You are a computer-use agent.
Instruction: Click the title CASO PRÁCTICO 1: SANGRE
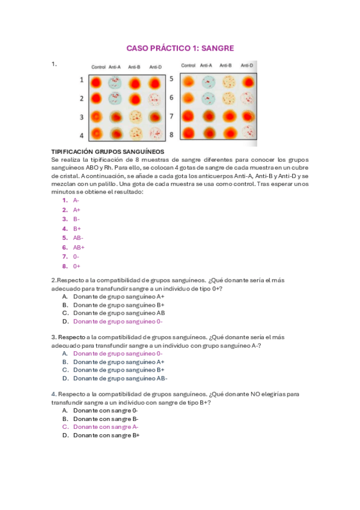180,48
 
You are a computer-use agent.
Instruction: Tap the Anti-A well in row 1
115,82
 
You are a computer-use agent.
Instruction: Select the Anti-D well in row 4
155,134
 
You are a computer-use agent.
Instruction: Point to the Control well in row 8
189,132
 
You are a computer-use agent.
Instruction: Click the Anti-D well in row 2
155,99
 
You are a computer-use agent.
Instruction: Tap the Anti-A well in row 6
208,98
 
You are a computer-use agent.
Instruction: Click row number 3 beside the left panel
82,117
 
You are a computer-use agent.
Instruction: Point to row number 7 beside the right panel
171,115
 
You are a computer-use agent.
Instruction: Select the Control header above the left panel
99,67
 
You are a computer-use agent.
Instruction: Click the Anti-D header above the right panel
247,65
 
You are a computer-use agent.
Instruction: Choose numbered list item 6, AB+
78,247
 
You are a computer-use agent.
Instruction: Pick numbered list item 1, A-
76,200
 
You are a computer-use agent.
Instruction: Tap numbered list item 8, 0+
76,266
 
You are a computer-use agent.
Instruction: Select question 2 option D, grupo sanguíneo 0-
118,322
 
